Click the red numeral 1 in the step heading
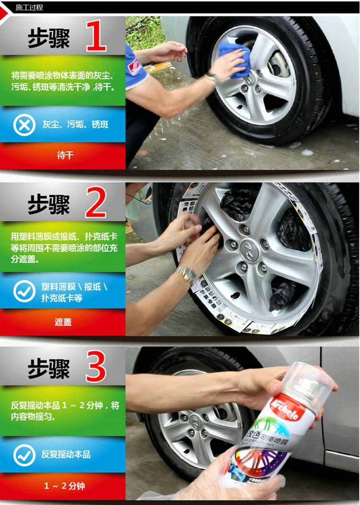pyautogui.click(x=96, y=36)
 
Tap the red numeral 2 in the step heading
pyautogui.click(x=96, y=202)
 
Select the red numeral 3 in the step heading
pyautogui.click(x=96, y=366)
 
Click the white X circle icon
pyautogui.click(x=24, y=125)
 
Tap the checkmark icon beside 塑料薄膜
pyautogui.click(x=24, y=291)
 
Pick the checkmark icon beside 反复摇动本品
pyautogui.click(x=24, y=455)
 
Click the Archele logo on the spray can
pyautogui.click(x=284, y=408)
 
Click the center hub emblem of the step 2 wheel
pyautogui.click(x=249, y=250)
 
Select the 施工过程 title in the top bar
pyautogui.click(x=29, y=7)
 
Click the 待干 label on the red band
pyautogui.click(x=65, y=155)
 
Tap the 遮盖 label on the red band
pyautogui.click(x=63, y=322)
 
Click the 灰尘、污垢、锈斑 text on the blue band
pyautogui.click(x=75, y=124)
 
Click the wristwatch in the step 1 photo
pyautogui.click(x=211, y=76)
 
